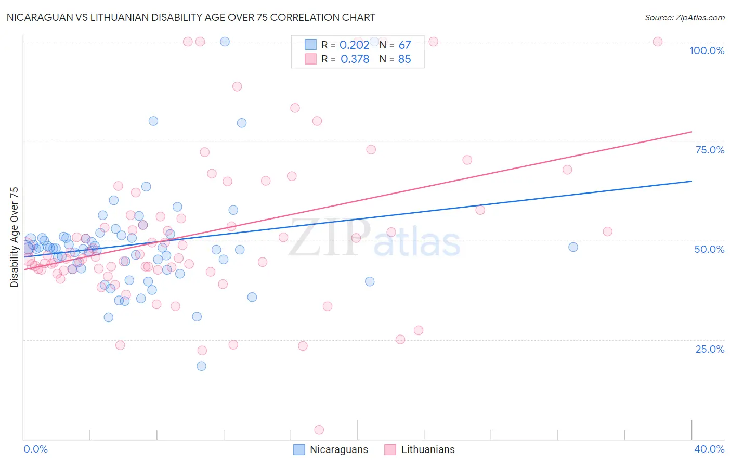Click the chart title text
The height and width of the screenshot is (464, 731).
point(191,17)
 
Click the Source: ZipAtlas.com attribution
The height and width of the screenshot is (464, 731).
point(684,17)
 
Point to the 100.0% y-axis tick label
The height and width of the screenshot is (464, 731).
point(707,50)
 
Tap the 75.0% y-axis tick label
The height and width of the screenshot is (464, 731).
point(710,150)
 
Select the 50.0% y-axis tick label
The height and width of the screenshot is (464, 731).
point(709,249)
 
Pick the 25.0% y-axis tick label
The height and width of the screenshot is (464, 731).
point(710,349)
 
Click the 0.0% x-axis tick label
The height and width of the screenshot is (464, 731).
point(35,449)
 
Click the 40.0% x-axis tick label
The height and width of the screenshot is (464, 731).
point(709,449)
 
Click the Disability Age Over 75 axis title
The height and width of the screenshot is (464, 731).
point(15,237)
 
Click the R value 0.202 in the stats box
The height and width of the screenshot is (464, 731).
point(354,45)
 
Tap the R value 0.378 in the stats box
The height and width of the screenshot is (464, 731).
point(355,59)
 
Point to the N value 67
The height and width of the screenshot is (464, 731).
point(404,45)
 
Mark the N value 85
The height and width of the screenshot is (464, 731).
point(404,59)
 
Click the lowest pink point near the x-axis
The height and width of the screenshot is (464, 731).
point(319,430)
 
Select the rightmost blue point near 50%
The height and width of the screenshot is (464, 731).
point(573,247)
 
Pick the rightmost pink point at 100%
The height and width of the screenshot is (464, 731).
point(657,42)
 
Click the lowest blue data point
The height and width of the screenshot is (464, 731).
point(201,366)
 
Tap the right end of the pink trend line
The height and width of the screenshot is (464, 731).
point(691,132)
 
